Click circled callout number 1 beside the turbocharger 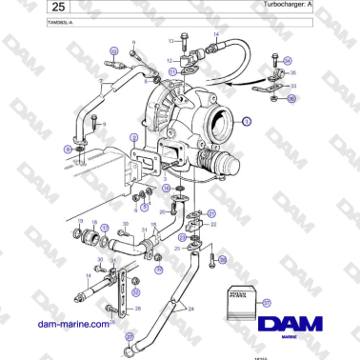point(246,122)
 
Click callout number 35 point(293,72)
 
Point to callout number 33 point(292,86)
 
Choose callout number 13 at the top point(172,42)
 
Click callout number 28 point(139,308)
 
